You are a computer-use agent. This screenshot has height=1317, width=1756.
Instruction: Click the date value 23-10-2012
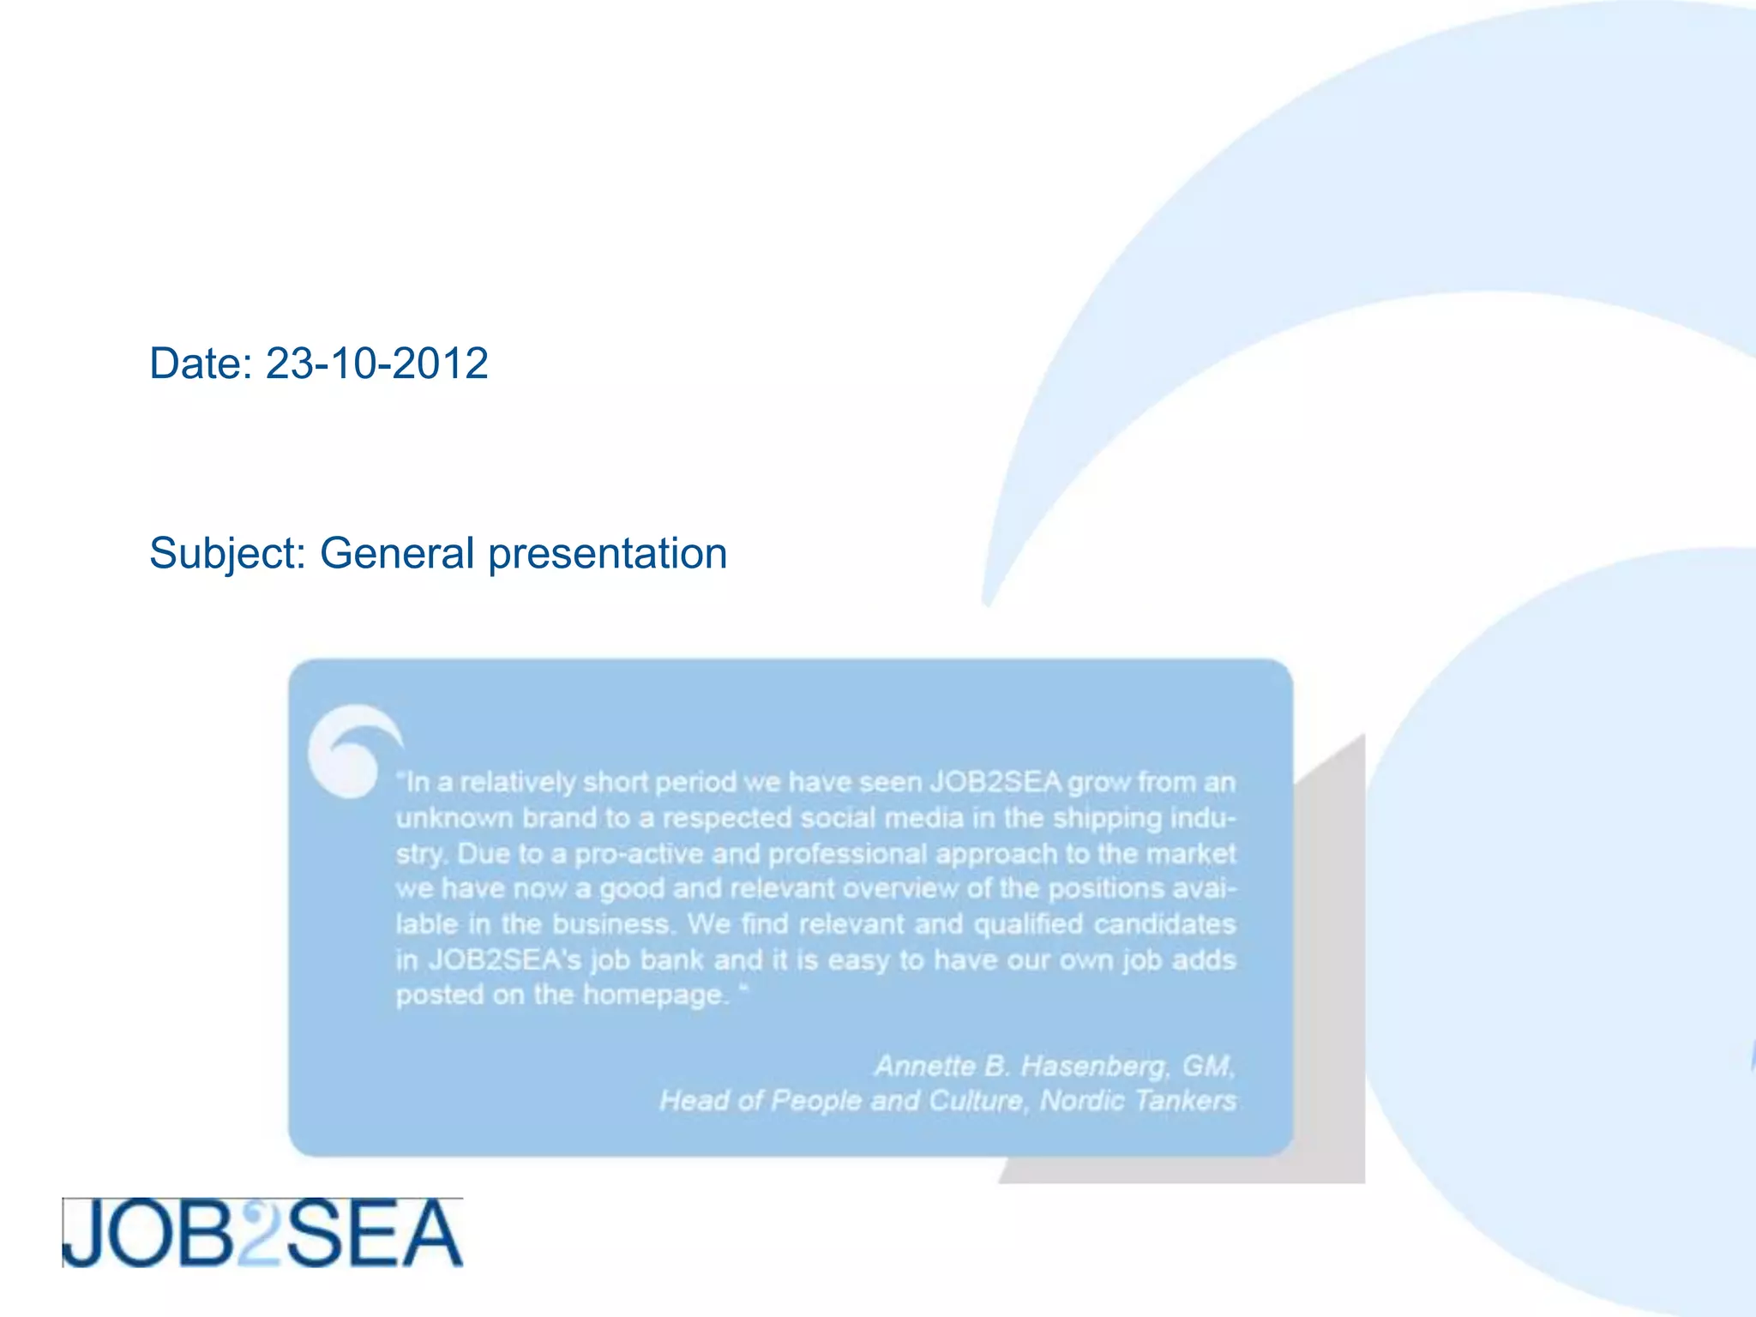coord(376,364)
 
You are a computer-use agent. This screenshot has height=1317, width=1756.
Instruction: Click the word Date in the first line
coord(195,364)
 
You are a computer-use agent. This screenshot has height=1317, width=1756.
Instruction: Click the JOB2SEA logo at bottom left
coord(262,1233)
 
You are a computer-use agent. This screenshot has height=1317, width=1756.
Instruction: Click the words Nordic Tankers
coord(1138,1101)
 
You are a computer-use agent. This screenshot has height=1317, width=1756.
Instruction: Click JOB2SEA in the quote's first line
coord(996,782)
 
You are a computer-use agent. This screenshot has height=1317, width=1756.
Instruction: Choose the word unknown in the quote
coord(454,818)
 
